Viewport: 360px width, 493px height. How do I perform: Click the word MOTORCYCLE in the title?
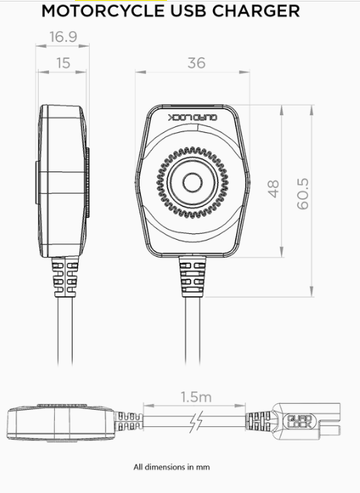point(103,11)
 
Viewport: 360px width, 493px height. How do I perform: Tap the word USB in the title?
point(188,11)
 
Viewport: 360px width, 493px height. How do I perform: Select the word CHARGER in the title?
point(256,11)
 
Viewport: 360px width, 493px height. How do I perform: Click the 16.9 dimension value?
point(63,37)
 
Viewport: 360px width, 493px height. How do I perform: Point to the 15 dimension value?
point(63,63)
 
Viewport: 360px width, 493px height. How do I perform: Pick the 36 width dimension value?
point(197,63)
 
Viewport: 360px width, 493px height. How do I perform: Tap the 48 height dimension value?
point(274,189)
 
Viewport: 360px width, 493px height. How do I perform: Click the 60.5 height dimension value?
point(303,194)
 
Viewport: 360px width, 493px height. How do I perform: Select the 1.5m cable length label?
point(196,397)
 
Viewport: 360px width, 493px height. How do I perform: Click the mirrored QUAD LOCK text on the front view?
point(193,117)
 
